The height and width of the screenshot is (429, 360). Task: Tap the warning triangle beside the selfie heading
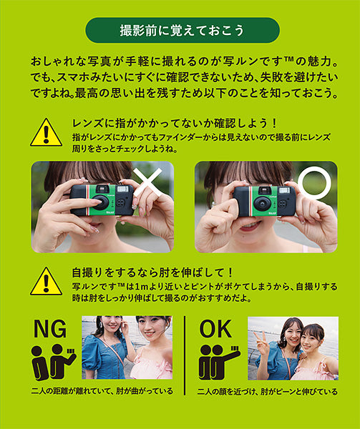click(46, 281)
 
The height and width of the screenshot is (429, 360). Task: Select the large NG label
click(51, 329)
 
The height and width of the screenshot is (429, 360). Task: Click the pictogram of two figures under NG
click(54, 363)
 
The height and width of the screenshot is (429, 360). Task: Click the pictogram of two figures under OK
click(219, 363)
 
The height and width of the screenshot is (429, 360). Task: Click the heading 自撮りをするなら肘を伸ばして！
click(154, 272)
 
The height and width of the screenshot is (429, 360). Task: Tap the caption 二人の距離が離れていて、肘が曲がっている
click(103, 391)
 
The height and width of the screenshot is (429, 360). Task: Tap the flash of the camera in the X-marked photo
click(123, 192)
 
